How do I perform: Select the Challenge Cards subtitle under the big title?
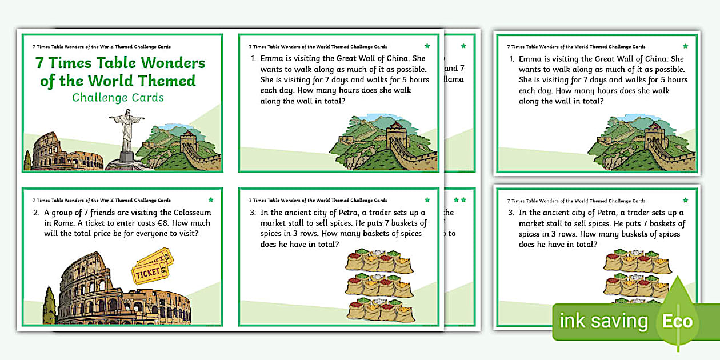118,98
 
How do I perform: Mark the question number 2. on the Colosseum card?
37,213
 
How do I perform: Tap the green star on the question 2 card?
211,200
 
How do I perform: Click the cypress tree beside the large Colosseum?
50,305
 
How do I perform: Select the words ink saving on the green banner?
603,321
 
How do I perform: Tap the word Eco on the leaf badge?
678,321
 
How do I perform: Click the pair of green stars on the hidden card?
460,200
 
